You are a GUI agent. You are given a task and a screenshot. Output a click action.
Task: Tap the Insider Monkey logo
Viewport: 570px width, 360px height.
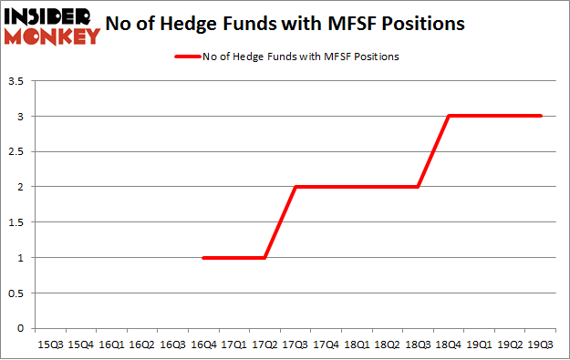coord(52,25)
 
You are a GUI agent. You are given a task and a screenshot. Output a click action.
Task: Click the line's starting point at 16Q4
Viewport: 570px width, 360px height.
coord(203,258)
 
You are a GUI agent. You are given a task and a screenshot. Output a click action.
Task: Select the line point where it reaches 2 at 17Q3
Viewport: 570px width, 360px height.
coord(295,187)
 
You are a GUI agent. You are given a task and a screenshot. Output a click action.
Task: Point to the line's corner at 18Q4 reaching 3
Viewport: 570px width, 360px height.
coord(449,116)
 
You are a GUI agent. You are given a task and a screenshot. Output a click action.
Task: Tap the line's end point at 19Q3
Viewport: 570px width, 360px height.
coord(541,116)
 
